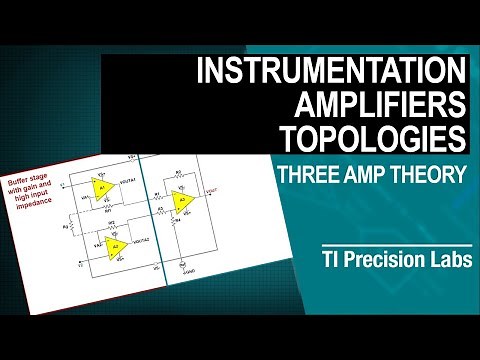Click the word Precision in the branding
point(369,254)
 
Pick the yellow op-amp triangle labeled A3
point(182,203)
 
